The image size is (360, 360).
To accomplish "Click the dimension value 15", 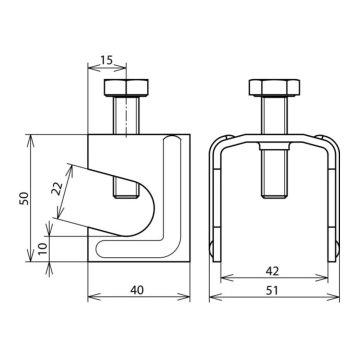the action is [107, 60].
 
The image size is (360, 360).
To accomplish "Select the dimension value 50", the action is [24, 198].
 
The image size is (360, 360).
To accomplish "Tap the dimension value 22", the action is [57, 188].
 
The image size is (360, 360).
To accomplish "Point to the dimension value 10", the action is [43, 249].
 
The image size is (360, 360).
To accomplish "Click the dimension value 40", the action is [137, 290].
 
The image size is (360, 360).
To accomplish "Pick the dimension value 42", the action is [272, 271].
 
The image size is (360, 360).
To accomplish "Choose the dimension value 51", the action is [272, 290].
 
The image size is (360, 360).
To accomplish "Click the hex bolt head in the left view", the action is [126, 87].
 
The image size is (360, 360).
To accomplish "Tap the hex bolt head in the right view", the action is [274, 87].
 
